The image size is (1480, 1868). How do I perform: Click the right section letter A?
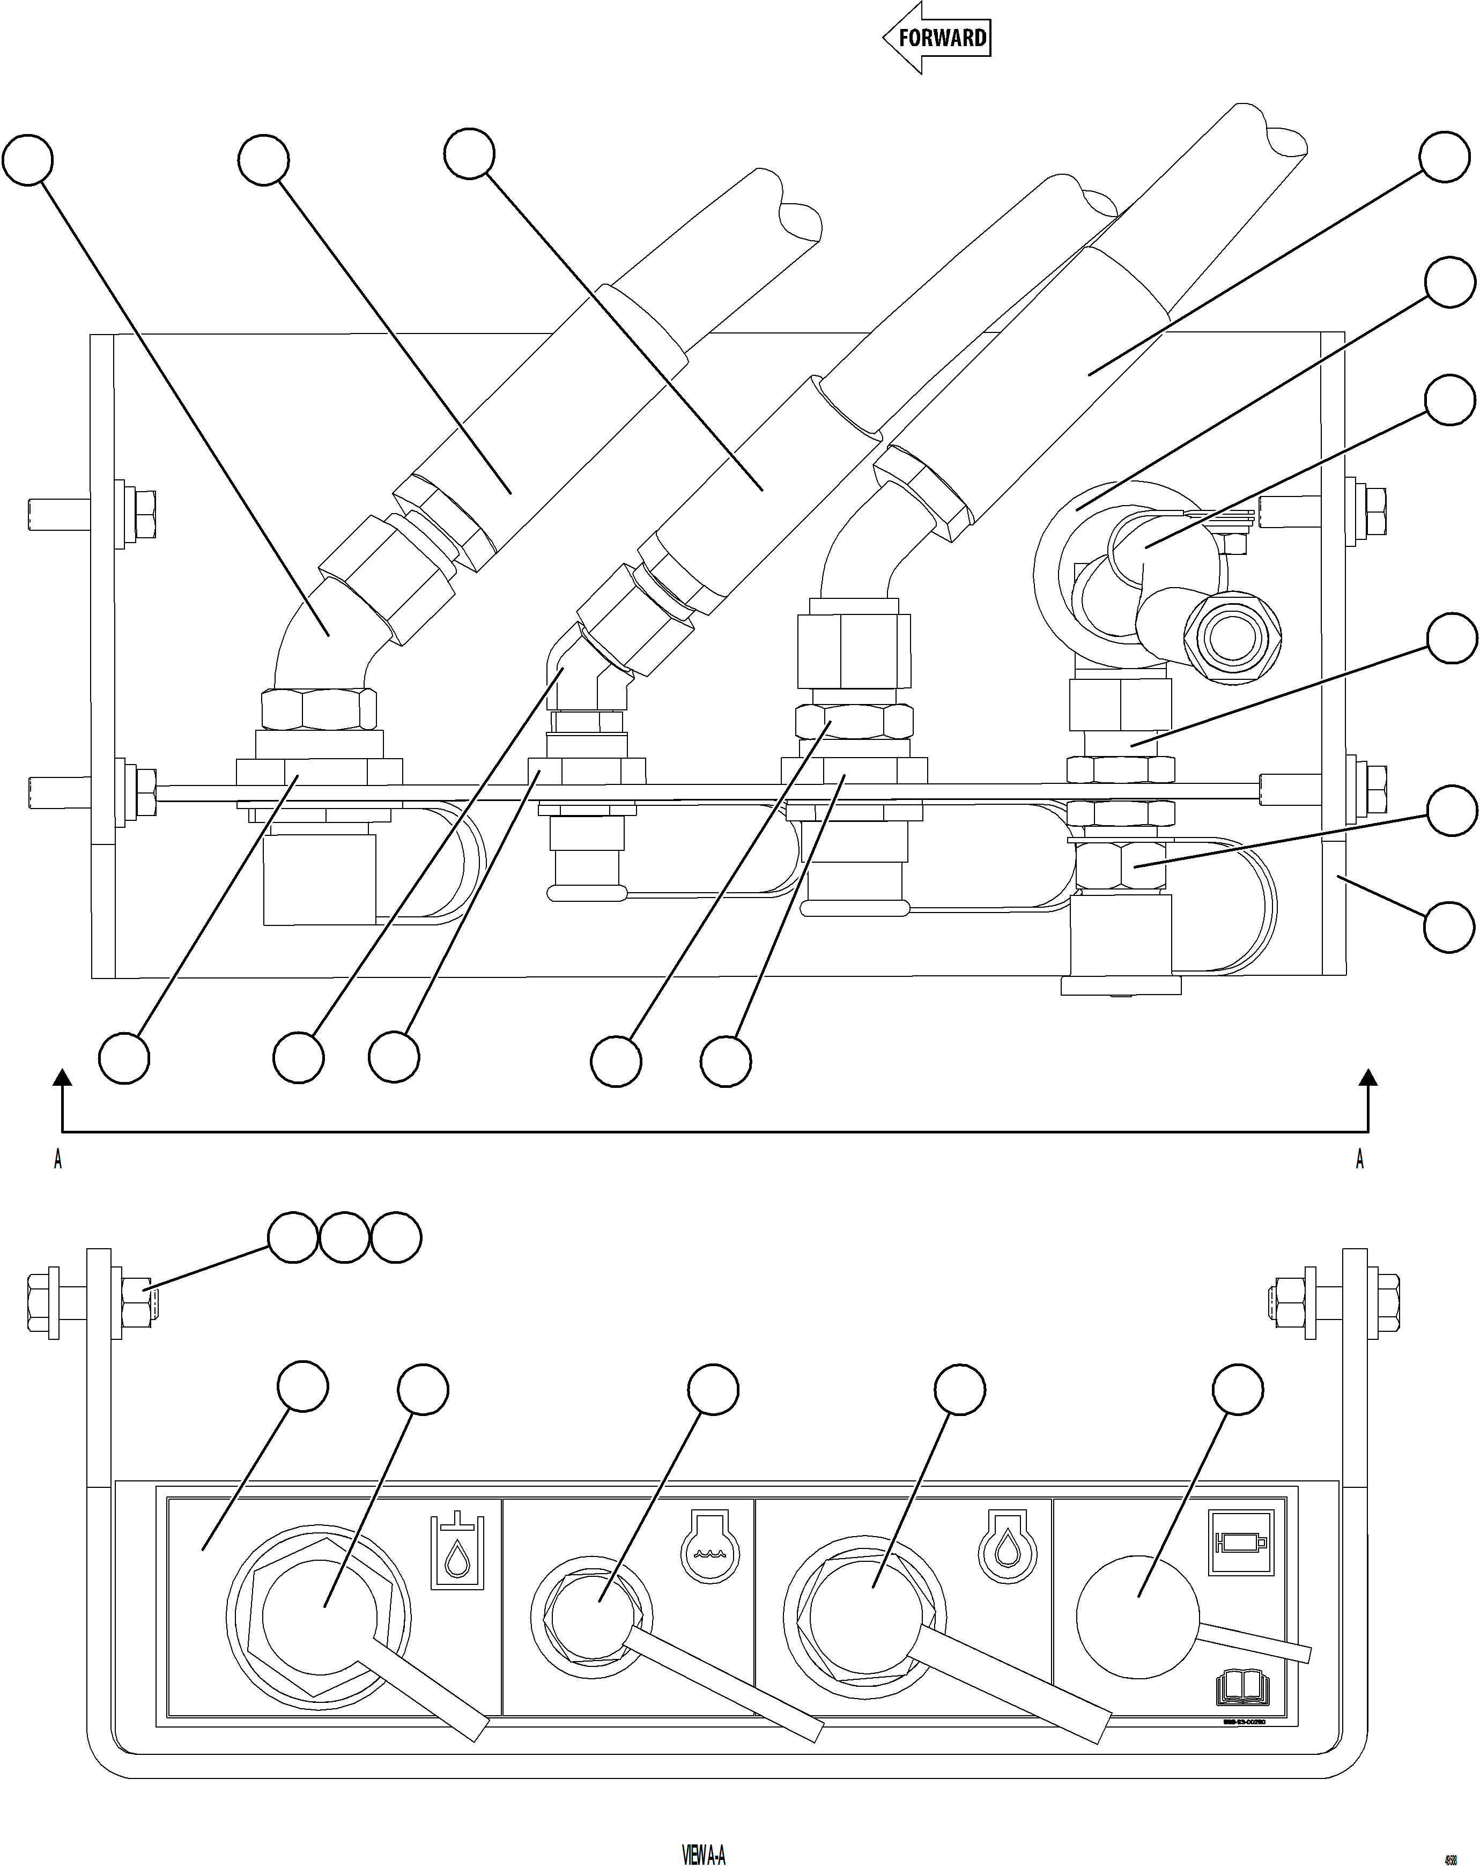(x=1359, y=1159)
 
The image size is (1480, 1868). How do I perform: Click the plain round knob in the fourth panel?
(x=1137, y=1617)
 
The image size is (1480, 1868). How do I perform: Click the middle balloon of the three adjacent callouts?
(x=345, y=1238)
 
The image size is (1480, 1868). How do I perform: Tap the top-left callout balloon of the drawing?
(x=28, y=159)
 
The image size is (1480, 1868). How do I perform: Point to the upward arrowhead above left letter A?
(x=62, y=1078)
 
